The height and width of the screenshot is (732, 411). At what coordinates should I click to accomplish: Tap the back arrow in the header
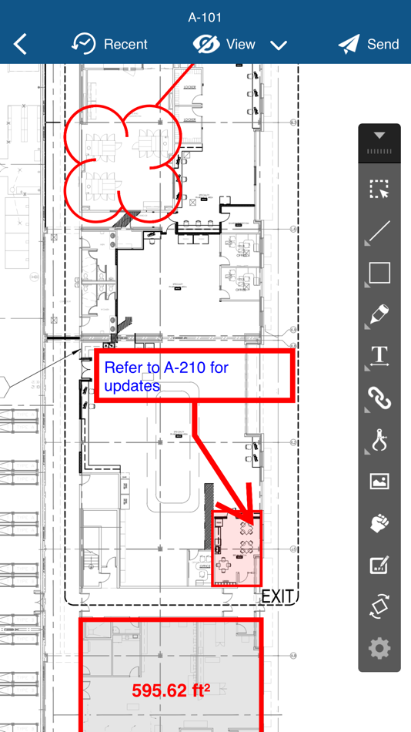tap(21, 45)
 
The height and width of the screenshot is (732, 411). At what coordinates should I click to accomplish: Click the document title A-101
tap(205, 17)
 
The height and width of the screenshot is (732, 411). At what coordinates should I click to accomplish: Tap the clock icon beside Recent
tap(84, 45)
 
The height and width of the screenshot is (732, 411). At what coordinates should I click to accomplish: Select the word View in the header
tap(240, 45)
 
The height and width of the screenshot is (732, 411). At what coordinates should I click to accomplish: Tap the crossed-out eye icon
tap(206, 45)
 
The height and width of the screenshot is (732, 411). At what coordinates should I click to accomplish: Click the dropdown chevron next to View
tap(279, 45)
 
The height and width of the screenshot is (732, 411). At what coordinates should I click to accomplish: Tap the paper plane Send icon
tap(349, 45)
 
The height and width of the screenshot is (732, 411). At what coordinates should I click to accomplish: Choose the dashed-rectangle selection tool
tap(379, 190)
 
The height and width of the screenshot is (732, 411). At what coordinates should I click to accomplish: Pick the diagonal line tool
tap(379, 232)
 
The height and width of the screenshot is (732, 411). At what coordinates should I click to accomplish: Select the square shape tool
tap(379, 273)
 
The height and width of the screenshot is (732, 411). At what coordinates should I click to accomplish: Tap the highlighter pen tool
tap(379, 314)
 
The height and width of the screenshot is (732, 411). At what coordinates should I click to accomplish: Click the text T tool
tap(379, 356)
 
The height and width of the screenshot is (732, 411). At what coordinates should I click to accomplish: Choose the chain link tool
tap(379, 398)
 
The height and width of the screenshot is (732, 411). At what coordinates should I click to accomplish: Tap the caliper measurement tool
tap(379, 440)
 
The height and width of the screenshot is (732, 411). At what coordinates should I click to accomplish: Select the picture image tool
tap(379, 482)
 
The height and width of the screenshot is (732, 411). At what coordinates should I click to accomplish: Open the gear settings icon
tap(379, 648)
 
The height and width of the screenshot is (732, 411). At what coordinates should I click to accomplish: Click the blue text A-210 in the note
tap(185, 368)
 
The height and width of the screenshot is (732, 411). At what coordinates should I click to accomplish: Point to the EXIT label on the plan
tap(277, 596)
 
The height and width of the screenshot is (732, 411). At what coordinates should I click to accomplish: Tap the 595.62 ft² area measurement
tap(171, 690)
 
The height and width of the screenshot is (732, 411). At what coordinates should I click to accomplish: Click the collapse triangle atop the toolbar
tap(379, 136)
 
